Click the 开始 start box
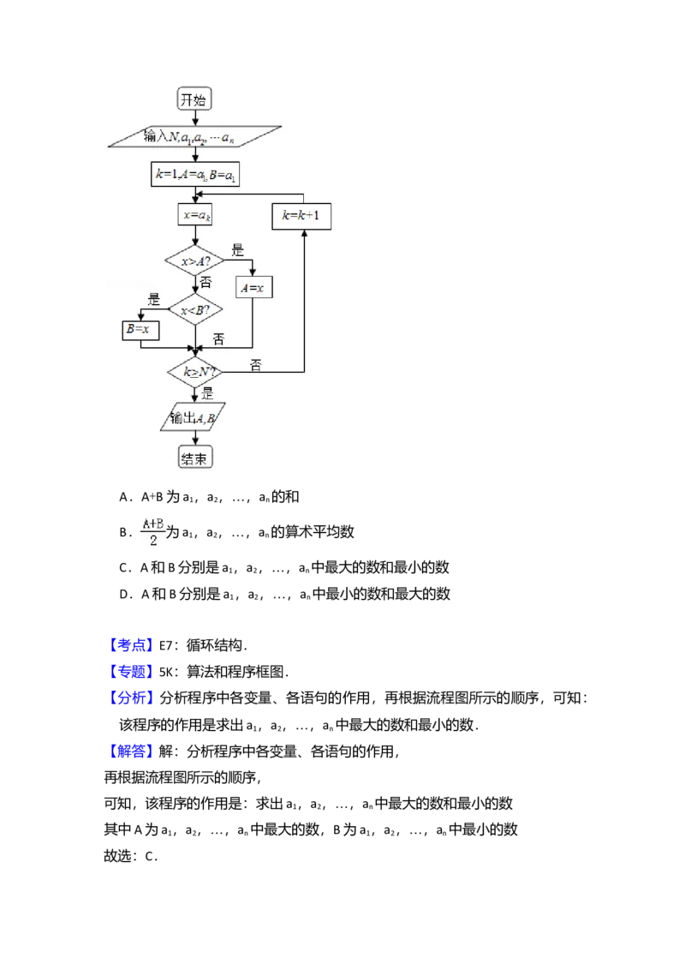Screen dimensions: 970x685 (x=194, y=99)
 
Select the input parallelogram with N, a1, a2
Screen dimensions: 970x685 (x=196, y=136)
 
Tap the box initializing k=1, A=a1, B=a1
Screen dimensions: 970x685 (x=196, y=174)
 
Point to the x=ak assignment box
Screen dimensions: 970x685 (x=196, y=216)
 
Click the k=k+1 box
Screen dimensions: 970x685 (x=301, y=217)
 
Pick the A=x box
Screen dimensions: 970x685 (x=253, y=289)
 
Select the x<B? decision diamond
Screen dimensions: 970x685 (x=194, y=308)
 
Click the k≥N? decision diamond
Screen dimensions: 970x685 (x=194, y=373)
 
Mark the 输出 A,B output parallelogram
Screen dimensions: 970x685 (x=194, y=417)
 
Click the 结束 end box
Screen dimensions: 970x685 (x=195, y=458)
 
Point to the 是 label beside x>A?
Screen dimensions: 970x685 (x=238, y=251)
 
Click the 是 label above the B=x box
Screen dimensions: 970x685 (x=154, y=300)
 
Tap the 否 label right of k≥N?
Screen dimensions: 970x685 (x=255, y=365)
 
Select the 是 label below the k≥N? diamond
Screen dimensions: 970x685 (x=207, y=394)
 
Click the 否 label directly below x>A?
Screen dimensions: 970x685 (x=205, y=282)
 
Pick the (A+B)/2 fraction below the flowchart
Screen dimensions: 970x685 (x=153, y=531)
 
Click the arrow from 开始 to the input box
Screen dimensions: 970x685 (x=195, y=117)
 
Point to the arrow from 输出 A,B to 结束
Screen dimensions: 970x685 (x=195, y=439)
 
